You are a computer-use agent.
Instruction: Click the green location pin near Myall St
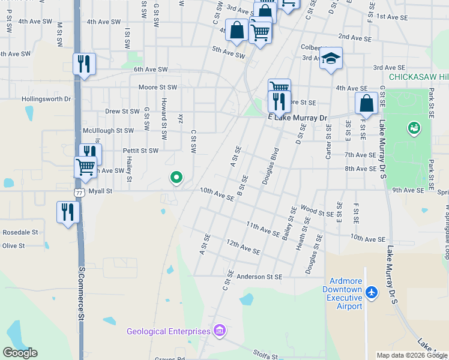click(x=176, y=177)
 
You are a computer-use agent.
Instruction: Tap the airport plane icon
click(x=372, y=292)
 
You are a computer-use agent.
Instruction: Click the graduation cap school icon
click(x=330, y=59)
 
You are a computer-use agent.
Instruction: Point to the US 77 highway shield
click(x=79, y=193)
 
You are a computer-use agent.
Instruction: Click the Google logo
click(x=20, y=353)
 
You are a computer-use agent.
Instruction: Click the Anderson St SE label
click(x=259, y=277)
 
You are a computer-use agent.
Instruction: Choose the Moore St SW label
click(x=157, y=88)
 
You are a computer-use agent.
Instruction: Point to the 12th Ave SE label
click(x=243, y=247)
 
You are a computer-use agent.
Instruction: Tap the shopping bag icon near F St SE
click(x=366, y=103)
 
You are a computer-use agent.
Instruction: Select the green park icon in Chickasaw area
click(x=414, y=128)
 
